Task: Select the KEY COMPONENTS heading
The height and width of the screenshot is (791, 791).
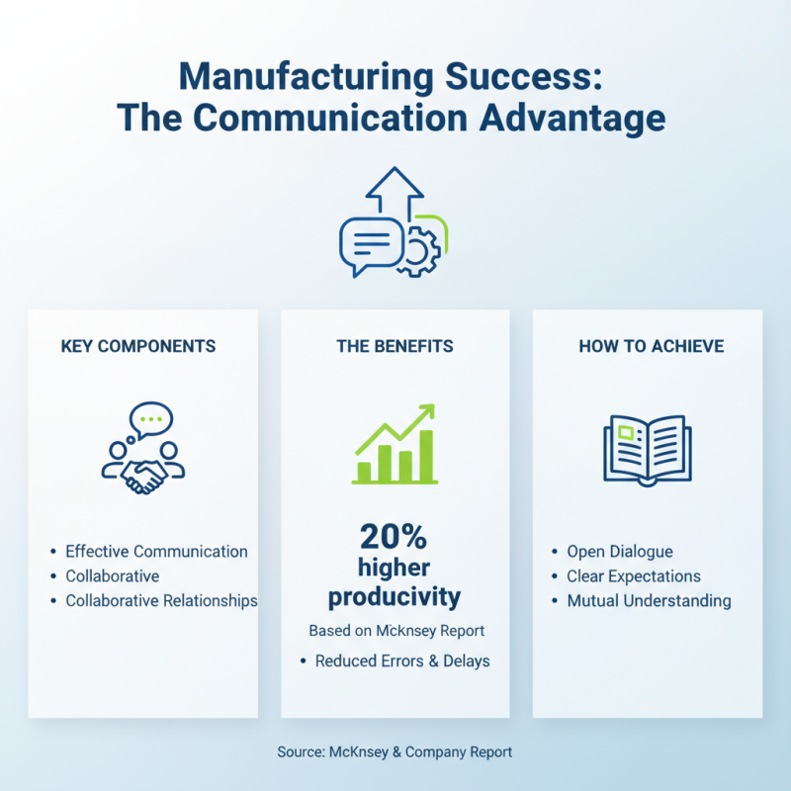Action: pos(138,346)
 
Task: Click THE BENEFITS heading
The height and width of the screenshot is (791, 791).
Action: pos(395,346)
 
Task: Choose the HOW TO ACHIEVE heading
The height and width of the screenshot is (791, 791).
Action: pos(652,346)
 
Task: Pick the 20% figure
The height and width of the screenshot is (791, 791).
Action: pos(393,536)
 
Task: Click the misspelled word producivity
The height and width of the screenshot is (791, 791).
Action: pos(395,597)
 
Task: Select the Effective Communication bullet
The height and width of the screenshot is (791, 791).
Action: pos(156,551)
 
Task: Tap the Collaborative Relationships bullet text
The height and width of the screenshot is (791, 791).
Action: pos(161,600)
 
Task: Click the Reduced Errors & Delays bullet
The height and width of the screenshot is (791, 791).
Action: pos(402,660)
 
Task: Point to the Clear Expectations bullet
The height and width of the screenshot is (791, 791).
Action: pos(633,575)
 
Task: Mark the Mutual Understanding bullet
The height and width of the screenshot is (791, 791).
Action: pos(649,600)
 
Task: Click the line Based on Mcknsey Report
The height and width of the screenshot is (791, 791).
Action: pos(395,630)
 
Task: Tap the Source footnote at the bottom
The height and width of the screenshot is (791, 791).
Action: pos(395,751)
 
